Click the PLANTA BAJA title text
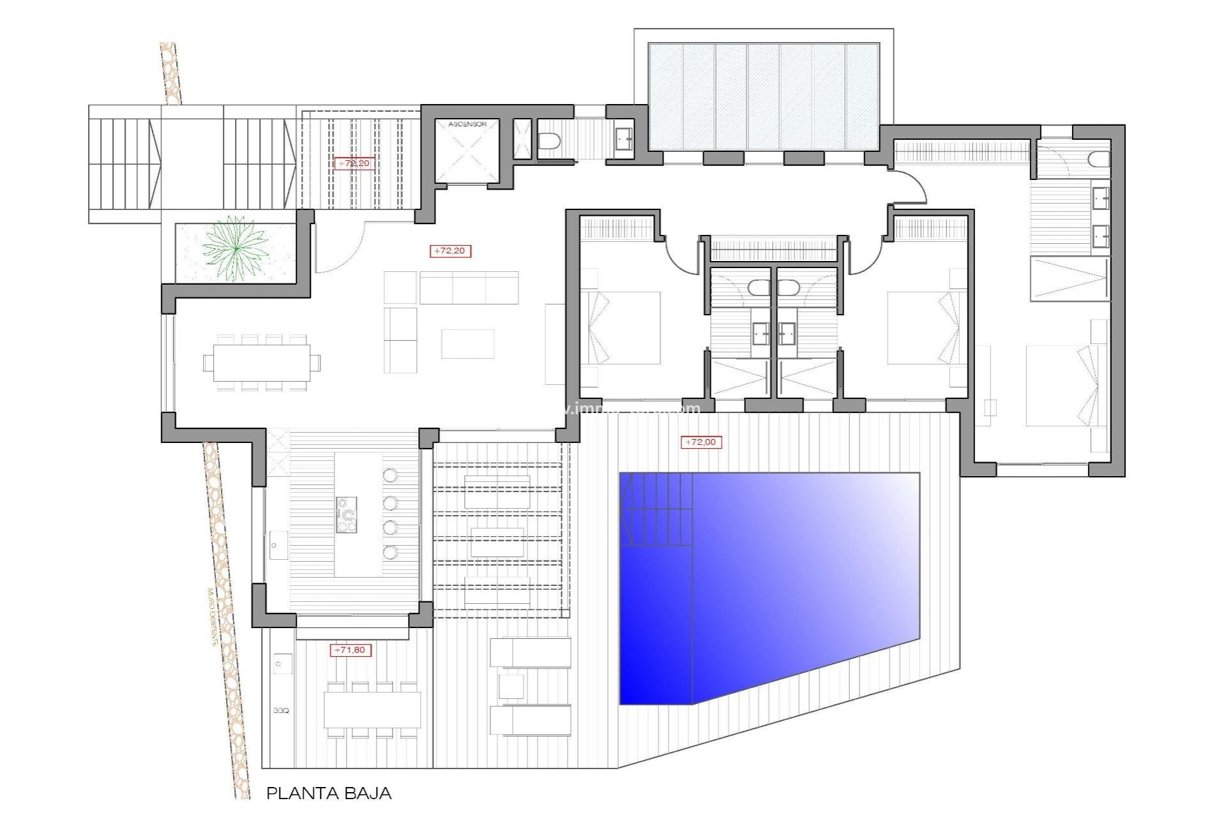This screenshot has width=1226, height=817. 328,793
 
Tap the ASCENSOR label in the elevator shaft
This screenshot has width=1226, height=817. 467,124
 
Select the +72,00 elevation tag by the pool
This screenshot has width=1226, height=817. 700,442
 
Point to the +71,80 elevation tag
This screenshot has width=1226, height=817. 350,650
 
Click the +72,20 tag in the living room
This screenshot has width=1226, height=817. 450,251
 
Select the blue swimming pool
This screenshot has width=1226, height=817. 785,587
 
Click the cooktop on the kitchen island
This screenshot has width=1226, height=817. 347,515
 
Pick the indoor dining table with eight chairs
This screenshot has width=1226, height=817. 262,363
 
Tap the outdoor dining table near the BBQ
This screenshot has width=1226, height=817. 372,710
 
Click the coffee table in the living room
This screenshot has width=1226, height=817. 467,343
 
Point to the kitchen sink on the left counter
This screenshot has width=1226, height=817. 277,544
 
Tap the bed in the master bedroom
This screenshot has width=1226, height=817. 1057,386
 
